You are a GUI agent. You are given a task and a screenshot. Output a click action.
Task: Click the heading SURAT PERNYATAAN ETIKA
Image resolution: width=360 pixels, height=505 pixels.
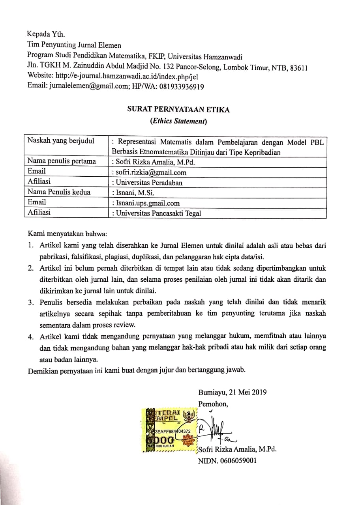pos(176,110)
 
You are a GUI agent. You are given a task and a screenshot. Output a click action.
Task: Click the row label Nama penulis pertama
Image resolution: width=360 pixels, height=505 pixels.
pos(62,161)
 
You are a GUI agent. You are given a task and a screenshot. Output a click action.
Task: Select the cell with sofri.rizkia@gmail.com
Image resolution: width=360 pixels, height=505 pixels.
pos(149,172)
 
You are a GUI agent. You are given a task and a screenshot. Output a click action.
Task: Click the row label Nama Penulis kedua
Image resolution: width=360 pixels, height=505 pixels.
pos(59,193)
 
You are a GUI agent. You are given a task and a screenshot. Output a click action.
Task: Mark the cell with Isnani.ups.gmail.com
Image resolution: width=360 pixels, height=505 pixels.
pos(146,203)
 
